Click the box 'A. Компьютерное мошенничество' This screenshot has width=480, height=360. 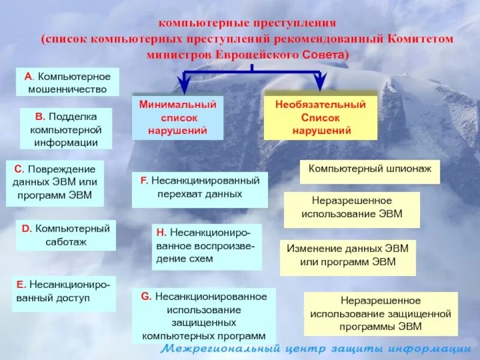[67, 82]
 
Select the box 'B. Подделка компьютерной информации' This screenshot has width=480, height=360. [66, 128]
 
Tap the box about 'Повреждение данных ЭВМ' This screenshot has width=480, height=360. [55, 183]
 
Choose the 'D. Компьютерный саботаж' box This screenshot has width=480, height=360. [66, 235]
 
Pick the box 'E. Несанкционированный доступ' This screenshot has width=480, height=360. [64, 293]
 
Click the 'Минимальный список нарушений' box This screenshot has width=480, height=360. [178, 117]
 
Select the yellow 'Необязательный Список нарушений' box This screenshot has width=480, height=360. [320, 117]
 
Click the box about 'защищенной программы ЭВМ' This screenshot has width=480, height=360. [380, 314]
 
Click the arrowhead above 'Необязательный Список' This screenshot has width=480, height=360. [320, 83]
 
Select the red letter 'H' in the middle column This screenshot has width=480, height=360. [161, 232]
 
